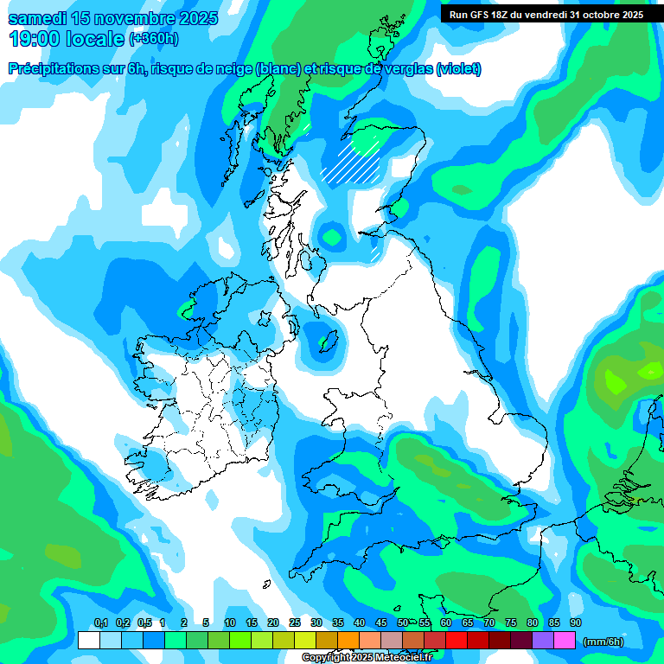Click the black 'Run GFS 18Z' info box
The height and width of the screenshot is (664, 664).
pyautogui.click(x=546, y=14)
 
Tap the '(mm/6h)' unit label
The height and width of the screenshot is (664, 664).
pyautogui.click(x=603, y=642)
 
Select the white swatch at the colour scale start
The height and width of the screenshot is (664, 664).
pyautogui.click(x=88, y=641)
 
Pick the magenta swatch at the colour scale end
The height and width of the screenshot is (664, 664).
pyautogui.click(x=565, y=641)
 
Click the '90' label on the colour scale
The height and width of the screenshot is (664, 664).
pyautogui.click(x=575, y=623)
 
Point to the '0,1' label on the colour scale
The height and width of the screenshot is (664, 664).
pyautogui.click(x=100, y=623)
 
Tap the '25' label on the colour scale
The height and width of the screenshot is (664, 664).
pyautogui.click(x=295, y=623)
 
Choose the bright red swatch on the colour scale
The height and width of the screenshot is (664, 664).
pyautogui.click(x=456, y=641)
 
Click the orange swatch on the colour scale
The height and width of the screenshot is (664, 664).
pyautogui.click(x=348, y=641)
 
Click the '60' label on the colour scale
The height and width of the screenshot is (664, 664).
pyautogui.click(x=445, y=623)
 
